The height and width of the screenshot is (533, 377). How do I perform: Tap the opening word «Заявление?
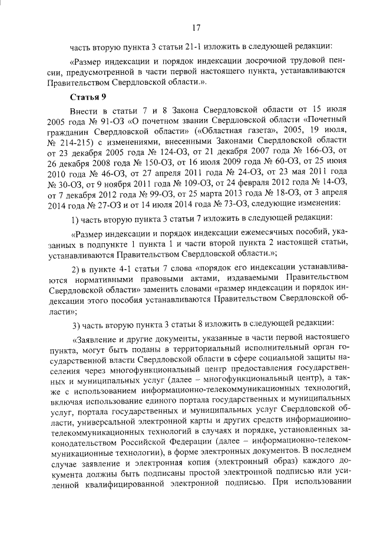tap(97, 340)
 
